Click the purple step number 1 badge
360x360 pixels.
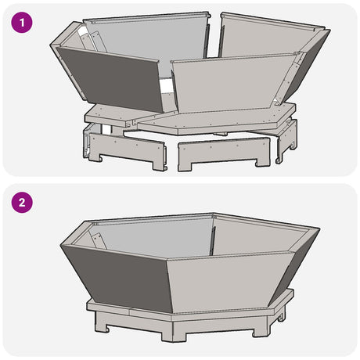23,23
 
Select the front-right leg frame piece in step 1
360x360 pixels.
223,151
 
